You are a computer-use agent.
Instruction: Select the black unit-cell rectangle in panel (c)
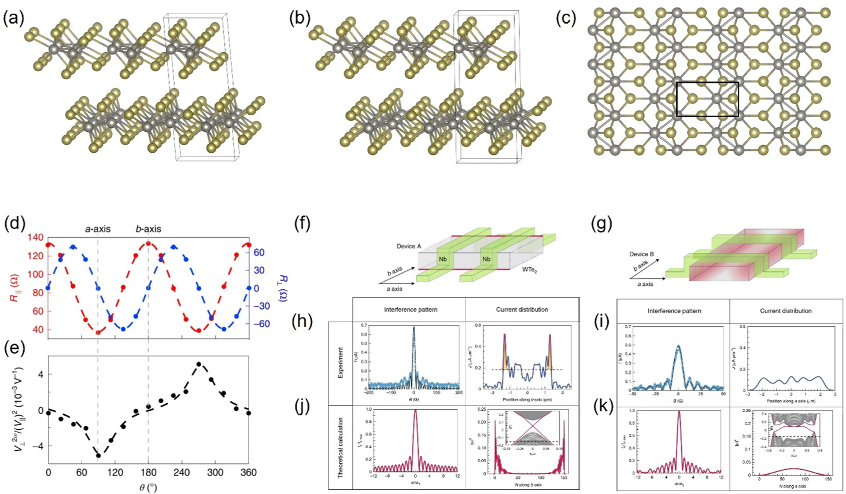point(707,83)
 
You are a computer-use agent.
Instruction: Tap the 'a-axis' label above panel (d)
point(97,228)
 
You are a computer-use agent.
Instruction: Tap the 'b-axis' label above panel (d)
point(148,228)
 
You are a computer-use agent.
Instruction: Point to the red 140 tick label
point(36,237)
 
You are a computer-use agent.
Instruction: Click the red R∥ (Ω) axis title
point(13,287)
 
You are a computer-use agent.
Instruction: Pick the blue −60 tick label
point(260,324)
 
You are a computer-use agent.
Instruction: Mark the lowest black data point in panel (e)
point(98,455)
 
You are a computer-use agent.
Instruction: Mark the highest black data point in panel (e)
point(199,364)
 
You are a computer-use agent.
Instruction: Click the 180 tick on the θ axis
point(149,473)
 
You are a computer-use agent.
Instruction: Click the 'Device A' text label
point(408,246)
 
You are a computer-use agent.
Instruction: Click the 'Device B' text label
point(642,254)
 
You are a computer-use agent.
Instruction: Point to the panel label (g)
point(602,223)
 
